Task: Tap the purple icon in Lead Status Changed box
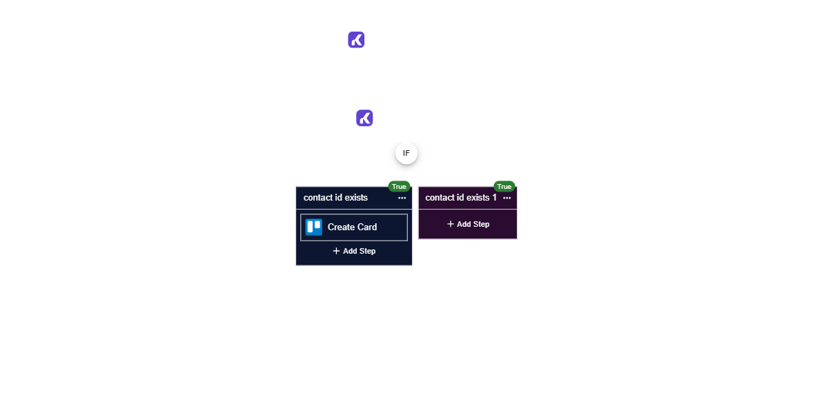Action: point(356,39)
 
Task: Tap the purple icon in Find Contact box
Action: point(364,118)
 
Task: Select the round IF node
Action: point(406,153)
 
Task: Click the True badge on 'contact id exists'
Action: point(399,187)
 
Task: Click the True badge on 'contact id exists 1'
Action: point(505,187)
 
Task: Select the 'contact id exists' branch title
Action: point(335,198)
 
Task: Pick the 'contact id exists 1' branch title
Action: point(460,198)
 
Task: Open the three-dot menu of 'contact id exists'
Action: point(402,198)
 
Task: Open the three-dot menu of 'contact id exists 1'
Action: point(507,198)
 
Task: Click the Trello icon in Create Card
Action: point(314,227)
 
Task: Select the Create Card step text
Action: point(352,227)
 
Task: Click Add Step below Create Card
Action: point(354,251)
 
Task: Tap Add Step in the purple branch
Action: point(468,224)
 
